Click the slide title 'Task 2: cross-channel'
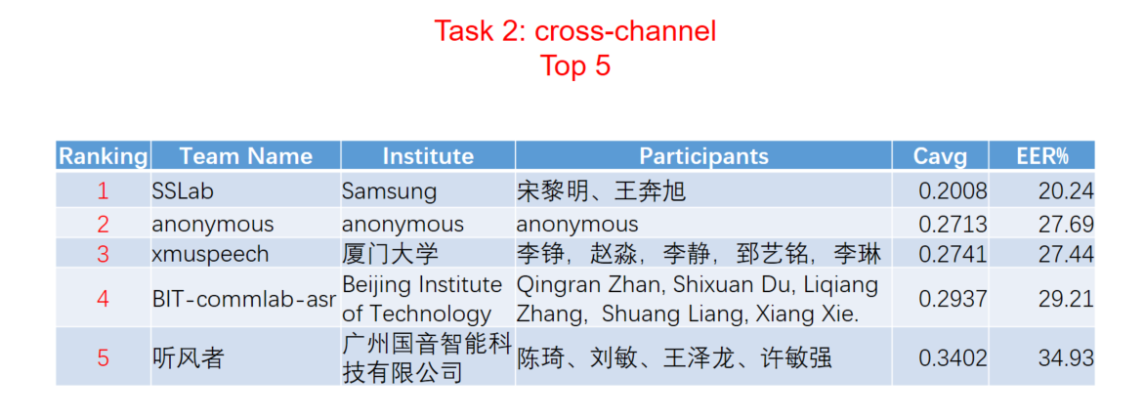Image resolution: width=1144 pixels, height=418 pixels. [574, 31]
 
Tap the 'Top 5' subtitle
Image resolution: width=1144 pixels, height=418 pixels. [574, 65]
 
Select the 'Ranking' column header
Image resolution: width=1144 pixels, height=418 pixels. [103, 156]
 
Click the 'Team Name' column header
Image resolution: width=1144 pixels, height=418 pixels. [246, 156]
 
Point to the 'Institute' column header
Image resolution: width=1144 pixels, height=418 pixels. [428, 156]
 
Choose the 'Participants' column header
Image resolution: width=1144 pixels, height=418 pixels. [704, 156]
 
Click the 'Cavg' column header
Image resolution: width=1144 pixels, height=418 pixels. [941, 156]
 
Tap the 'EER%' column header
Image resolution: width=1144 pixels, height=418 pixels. [1042, 156]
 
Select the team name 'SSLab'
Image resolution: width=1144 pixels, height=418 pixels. [183, 191]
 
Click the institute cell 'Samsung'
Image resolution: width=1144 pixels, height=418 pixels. [390, 191]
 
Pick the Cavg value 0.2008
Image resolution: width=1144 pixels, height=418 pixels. [953, 191]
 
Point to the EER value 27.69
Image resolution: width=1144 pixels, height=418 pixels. [1067, 224]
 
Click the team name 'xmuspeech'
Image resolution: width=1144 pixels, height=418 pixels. [210, 254]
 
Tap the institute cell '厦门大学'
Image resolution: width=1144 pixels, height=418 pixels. [391, 254]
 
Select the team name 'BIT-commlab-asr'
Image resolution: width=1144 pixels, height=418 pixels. [244, 299]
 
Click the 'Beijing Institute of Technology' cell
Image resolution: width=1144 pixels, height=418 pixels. [422, 299]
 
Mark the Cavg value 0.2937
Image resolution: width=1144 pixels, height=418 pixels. [953, 299]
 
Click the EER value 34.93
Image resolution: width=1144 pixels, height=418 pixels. [1067, 358]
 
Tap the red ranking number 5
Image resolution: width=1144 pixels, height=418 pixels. [103, 358]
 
